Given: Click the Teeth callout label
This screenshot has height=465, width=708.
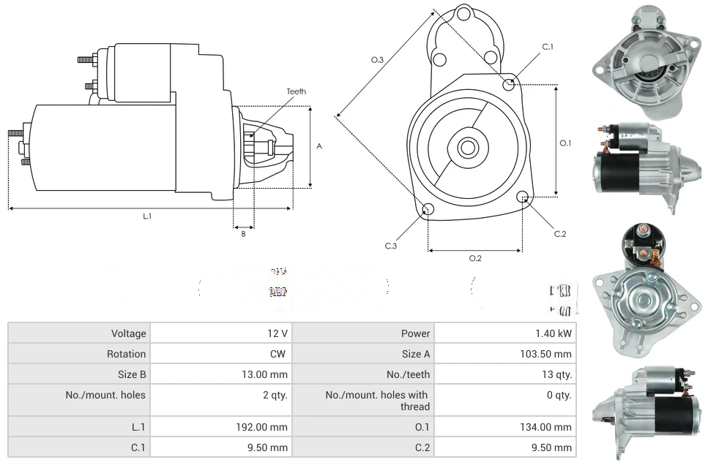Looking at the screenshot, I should point(296,91).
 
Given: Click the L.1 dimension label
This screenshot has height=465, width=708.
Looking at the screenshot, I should point(147,216).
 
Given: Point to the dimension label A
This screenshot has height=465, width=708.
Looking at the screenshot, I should point(318,146).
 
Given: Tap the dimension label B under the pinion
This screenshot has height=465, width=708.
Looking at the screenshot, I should point(243,234).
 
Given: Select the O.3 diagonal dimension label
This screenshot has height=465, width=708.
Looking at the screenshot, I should point(378,60).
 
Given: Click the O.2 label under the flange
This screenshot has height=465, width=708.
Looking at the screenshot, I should point(474,257).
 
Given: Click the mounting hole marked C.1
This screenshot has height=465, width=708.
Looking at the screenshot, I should point(510,84).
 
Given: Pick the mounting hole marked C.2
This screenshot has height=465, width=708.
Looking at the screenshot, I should point(523,197).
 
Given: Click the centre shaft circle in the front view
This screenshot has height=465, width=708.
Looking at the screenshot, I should point(467,147).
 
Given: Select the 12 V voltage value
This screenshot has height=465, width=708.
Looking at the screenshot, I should point(277,333).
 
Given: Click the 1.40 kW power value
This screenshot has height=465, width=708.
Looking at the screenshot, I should point(554,333).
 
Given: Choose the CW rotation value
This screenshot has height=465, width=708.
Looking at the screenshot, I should point(279,354).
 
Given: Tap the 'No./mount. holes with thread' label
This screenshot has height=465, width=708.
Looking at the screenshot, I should point(377,400).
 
